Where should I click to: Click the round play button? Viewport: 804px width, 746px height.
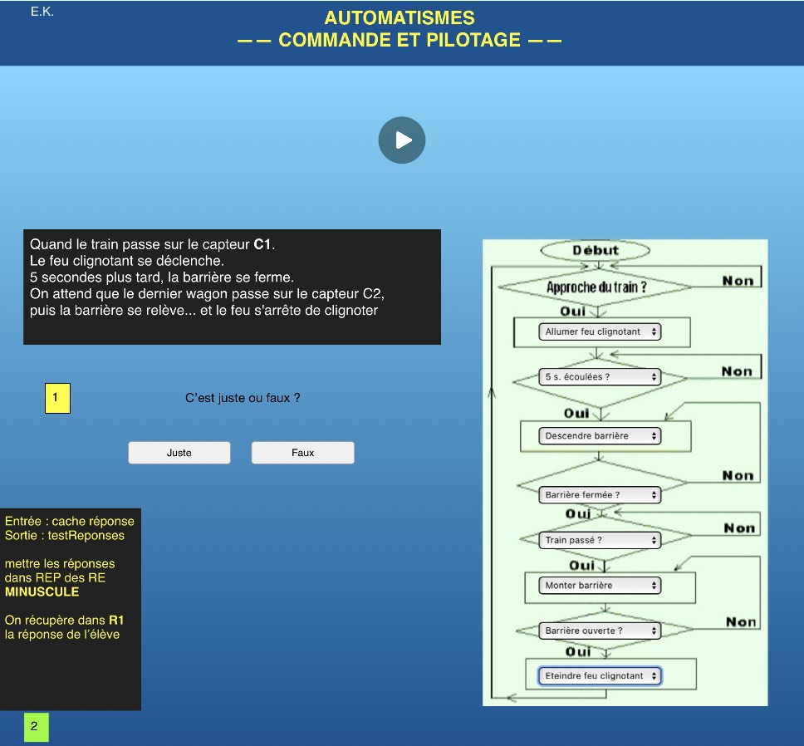[402, 140]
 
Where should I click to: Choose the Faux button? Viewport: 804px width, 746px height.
[302, 453]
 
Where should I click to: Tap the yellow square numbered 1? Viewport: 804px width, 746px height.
[57, 398]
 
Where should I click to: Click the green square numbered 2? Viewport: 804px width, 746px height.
[37, 727]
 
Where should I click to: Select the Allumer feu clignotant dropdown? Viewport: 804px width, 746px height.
[600, 331]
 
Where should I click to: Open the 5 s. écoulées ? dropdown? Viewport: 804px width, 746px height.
[600, 377]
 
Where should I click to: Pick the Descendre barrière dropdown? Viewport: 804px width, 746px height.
[600, 436]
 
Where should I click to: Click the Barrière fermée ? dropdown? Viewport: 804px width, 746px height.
[600, 495]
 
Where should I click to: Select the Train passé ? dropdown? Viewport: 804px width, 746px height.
[600, 540]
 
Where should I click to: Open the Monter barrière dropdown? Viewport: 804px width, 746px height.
[600, 586]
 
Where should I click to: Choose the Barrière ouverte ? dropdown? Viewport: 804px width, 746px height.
[600, 631]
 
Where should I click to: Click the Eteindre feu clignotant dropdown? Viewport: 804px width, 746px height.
[600, 675]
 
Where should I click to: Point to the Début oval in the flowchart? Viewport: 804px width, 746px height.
[596, 250]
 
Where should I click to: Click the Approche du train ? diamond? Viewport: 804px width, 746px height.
[596, 287]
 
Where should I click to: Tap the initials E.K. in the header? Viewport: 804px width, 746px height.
[42, 12]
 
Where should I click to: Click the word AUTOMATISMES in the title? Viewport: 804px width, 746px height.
[400, 18]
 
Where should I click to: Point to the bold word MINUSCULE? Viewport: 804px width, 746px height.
[42, 591]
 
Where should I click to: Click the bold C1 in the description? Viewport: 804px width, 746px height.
[262, 244]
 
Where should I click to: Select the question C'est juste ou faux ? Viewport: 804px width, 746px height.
[243, 398]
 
